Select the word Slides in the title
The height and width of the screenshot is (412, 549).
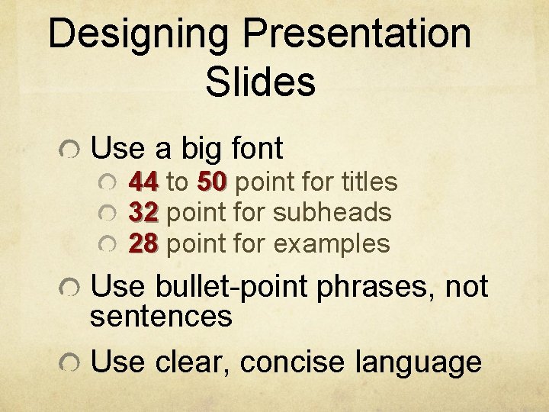click(x=260, y=82)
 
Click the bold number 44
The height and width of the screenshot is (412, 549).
click(x=143, y=182)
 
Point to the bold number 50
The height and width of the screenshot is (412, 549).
click(x=212, y=182)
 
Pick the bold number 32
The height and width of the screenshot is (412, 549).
click(x=143, y=213)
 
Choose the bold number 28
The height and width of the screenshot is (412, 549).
click(x=143, y=244)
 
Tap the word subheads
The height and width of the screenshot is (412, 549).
click(x=332, y=213)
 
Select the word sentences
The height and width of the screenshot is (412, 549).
click(x=161, y=316)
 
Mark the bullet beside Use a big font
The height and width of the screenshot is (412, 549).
click(x=69, y=150)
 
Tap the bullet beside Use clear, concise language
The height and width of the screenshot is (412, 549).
click(x=69, y=364)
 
